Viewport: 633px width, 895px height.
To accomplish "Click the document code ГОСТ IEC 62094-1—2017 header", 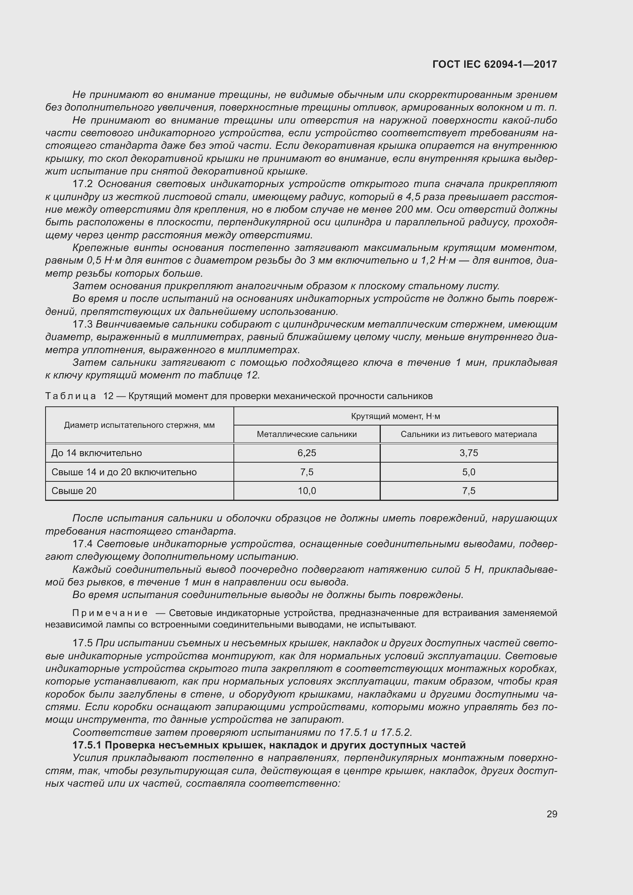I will point(494,64).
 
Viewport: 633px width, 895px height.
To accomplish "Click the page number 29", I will point(551,814).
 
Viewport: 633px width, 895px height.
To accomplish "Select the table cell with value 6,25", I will point(307,453).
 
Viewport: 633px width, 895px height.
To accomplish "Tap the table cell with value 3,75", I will point(468,453).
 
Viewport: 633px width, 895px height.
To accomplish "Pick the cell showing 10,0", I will point(307,491).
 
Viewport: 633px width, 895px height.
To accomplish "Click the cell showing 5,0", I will point(468,472).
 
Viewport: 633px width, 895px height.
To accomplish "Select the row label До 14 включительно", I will point(97,453).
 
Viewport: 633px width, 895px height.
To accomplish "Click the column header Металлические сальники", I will point(307,434).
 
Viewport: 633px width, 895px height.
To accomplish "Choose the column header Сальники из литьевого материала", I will point(468,434).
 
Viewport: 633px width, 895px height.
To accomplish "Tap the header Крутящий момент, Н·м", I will point(395,416).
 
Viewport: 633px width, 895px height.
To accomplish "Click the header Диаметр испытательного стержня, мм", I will point(139,425).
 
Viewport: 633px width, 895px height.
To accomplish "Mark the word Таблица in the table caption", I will point(70,396).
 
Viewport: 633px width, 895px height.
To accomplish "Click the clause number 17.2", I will point(82,184).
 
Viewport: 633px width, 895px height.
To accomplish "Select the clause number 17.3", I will point(82,324).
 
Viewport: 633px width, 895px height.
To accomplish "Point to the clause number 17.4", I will point(83,544).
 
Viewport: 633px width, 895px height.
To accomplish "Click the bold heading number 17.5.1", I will point(87,745).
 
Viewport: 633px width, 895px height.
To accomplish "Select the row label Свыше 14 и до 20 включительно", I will point(124,472).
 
